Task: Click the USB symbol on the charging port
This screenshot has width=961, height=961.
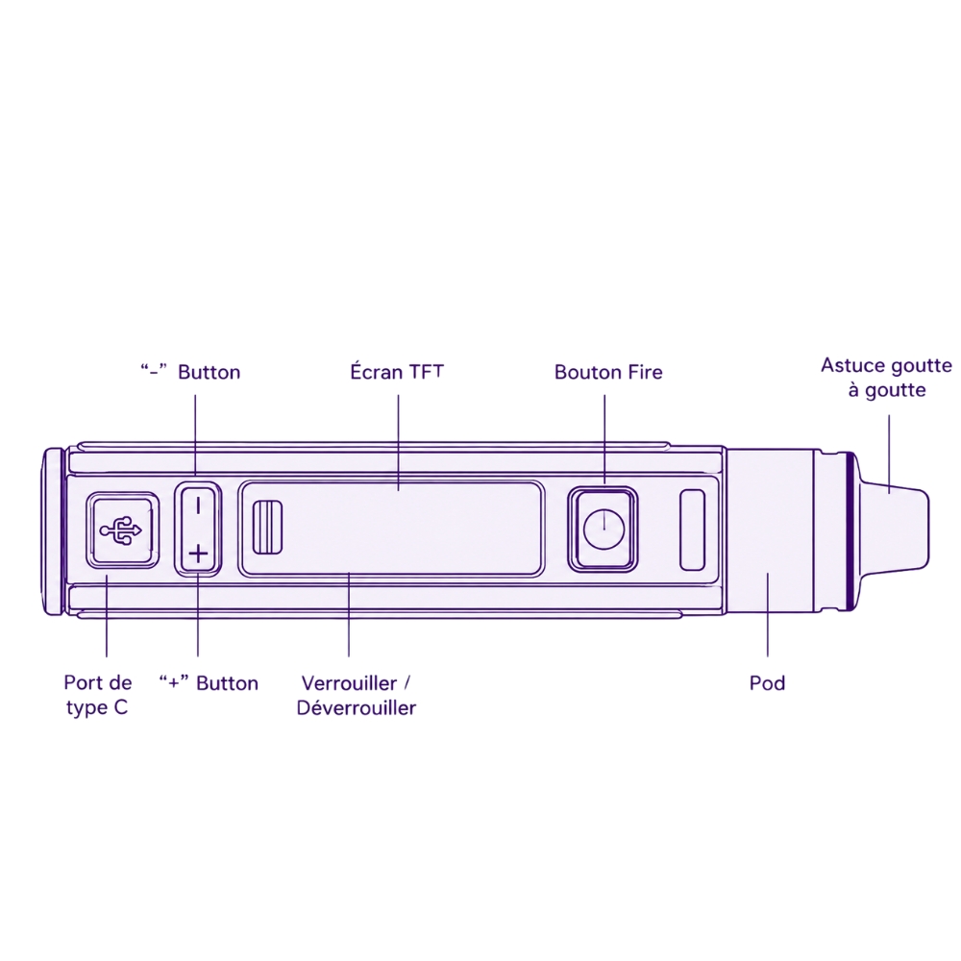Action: click(x=120, y=530)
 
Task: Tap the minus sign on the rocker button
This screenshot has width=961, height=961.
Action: click(x=198, y=506)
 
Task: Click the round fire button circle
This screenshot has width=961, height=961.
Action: click(x=604, y=529)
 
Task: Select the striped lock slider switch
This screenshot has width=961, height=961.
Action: click(x=267, y=527)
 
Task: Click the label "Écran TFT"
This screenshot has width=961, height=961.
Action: click(x=397, y=372)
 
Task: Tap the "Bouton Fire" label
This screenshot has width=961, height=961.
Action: click(x=608, y=373)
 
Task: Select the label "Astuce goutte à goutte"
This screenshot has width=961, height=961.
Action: click(x=886, y=378)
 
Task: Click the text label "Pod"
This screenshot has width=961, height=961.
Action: click(x=767, y=683)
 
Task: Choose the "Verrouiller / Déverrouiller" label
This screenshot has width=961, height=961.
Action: click(x=357, y=696)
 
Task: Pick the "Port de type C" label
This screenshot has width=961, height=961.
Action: click(x=97, y=695)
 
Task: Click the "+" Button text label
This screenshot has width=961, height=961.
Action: click(x=209, y=683)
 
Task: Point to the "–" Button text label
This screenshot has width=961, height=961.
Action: click(x=190, y=372)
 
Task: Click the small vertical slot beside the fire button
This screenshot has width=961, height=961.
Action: click(x=693, y=530)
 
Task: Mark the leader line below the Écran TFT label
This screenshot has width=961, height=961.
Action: click(x=398, y=442)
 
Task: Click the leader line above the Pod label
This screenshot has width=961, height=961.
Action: click(x=767, y=615)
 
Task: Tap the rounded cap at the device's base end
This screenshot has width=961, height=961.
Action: click(x=53, y=530)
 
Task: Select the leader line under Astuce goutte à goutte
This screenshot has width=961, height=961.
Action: click(x=889, y=455)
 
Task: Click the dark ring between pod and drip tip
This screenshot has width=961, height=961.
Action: click(x=850, y=530)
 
